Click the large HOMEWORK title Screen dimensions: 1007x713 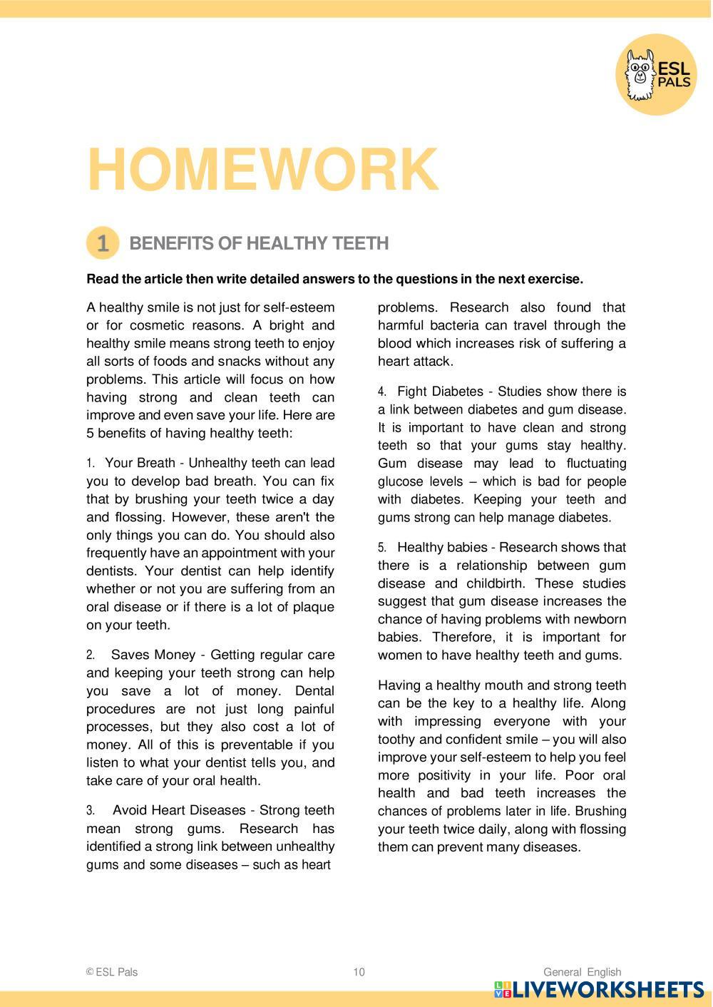coord(262,170)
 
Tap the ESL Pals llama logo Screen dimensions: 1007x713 coord(656,73)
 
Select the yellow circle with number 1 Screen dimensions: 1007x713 coord(103,243)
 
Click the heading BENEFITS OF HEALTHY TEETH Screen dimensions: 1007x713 coord(259,243)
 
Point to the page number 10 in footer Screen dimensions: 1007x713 coord(359,972)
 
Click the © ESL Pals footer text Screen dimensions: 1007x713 coord(112,972)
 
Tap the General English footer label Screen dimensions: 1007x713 coord(582,972)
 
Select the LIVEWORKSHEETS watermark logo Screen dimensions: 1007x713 coord(599,990)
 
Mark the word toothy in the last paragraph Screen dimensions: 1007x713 coord(398,740)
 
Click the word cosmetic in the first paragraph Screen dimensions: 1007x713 coord(158,325)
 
